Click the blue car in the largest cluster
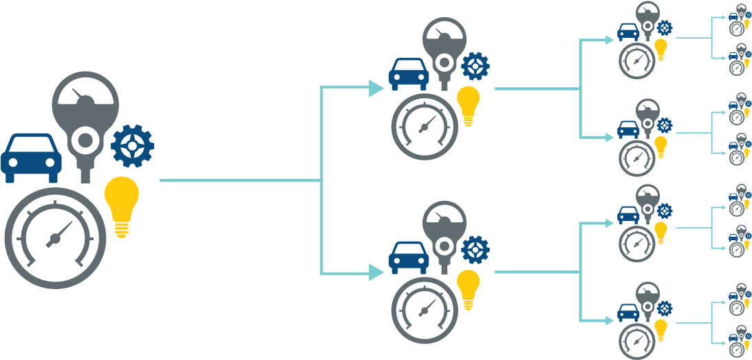click(x=31, y=157)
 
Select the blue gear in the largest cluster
click(x=132, y=146)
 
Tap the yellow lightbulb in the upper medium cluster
click(x=469, y=105)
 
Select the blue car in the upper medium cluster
click(x=409, y=74)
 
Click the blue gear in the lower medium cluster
click(x=475, y=250)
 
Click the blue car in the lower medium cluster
click(x=409, y=257)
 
